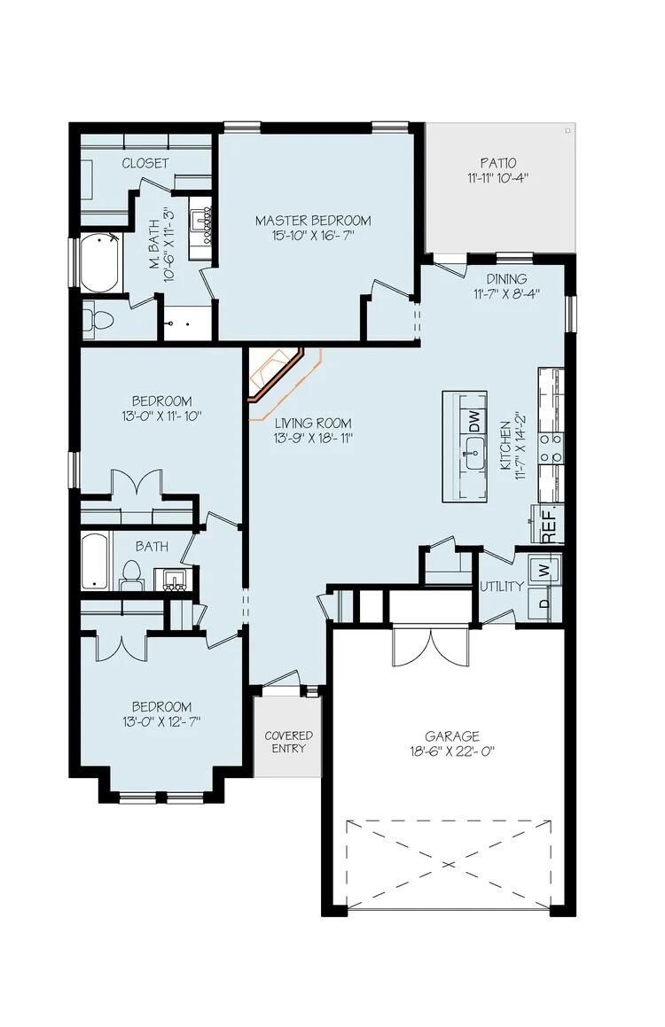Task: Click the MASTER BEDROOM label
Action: [x=313, y=221]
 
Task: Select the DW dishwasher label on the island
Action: [x=474, y=416]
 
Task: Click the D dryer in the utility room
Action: [x=543, y=605]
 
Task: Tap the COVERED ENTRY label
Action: [x=288, y=742]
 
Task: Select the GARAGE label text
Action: [x=451, y=735]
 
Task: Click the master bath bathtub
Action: [x=99, y=263]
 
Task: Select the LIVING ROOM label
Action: [x=312, y=423]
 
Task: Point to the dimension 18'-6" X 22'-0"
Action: [x=451, y=751]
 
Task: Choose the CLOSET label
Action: [x=145, y=163]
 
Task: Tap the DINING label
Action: [x=505, y=279]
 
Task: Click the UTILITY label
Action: [x=501, y=586]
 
